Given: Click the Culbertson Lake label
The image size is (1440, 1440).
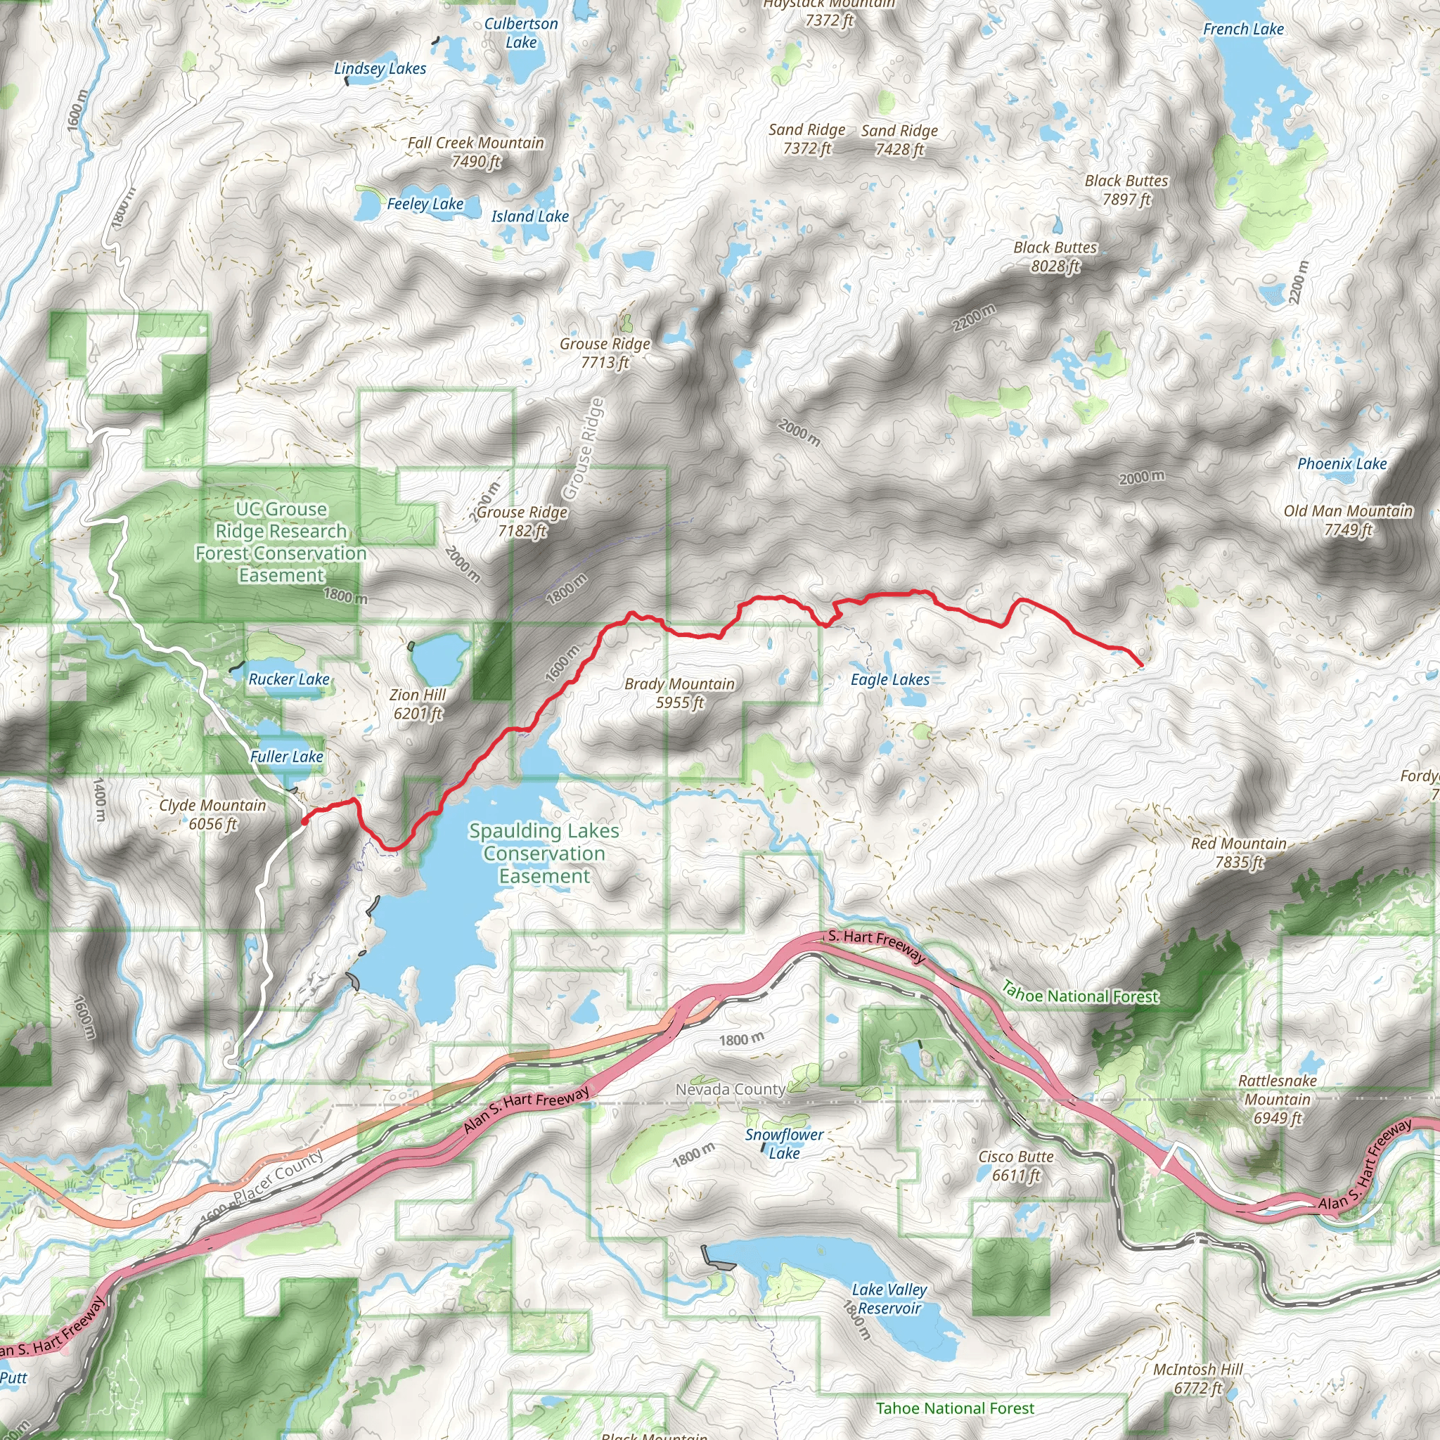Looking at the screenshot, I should tap(521, 33).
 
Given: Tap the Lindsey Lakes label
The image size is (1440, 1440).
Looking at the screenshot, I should tap(380, 69).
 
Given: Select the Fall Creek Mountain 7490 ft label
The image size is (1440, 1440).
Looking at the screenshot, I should tap(475, 152).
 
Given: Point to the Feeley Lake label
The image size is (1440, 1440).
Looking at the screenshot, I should tap(425, 203).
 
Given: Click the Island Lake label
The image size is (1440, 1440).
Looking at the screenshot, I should tap(530, 216).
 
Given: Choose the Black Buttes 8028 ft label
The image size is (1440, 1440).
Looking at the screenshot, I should tap(1055, 257).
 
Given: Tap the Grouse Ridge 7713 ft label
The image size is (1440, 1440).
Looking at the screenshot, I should tap(605, 352).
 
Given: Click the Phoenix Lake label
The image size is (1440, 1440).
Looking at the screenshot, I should tap(1342, 463).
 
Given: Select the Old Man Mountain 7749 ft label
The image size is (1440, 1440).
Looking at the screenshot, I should tap(1348, 520).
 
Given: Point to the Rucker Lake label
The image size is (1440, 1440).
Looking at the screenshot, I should tap(289, 679).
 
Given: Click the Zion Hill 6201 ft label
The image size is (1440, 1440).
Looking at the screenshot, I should tap(418, 704).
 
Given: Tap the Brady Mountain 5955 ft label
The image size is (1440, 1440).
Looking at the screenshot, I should tap(679, 693).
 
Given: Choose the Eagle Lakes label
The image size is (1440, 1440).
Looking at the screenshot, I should tap(890, 680).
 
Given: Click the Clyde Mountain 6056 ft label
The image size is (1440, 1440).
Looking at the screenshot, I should tap(212, 814).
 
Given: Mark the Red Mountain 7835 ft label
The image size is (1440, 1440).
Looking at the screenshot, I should tap(1238, 853).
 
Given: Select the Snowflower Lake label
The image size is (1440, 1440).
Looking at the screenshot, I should tap(784, 1143).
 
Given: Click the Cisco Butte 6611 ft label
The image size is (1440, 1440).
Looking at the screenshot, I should tap(1015, 1166).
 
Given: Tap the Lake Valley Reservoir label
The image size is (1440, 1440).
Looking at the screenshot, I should tap(889, 1299).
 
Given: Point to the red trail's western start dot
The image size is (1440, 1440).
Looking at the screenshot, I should tap(304, 821).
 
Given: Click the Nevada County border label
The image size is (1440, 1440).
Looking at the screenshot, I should tap(731, 1089).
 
